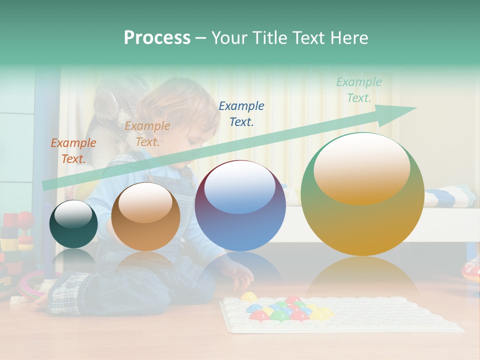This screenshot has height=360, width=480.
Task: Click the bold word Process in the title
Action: point(157,37)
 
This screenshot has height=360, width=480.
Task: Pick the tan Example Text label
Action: point(147,134)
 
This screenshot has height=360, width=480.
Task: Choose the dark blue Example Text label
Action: point(241,113)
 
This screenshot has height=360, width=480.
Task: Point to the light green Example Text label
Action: point(359,90)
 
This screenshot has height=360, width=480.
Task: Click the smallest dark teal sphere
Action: point(73,224)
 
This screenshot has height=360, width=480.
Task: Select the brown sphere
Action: point(145,216)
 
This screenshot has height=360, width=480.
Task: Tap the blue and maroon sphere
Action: point(240,205)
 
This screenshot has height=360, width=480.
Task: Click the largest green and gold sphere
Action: point(362,194)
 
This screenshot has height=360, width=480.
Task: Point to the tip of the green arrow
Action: point(415,108)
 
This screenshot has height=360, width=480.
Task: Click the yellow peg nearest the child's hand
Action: point(248,297)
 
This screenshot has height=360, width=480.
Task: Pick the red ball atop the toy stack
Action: point(25,219)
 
